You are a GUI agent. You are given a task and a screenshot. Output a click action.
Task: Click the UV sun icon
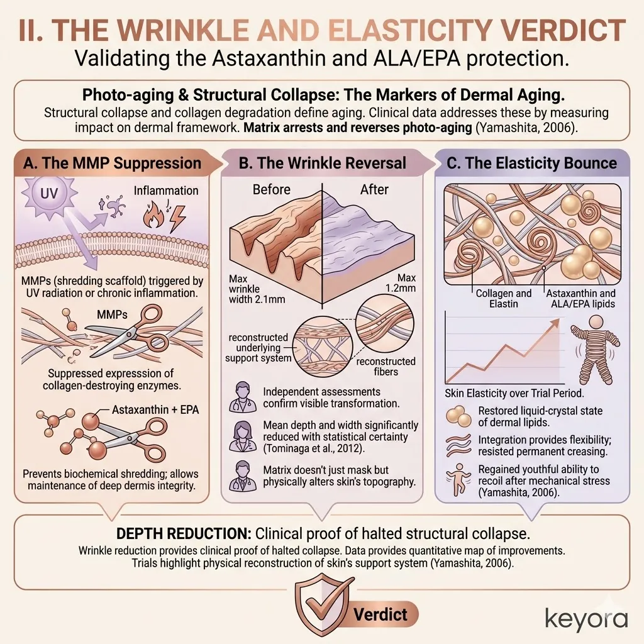pos(49,193)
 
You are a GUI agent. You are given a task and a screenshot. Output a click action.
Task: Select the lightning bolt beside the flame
pos(177,218)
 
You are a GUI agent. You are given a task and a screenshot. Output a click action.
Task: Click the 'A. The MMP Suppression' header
pos(112,163)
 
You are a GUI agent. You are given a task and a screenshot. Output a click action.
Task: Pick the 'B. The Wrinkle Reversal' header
pos(323,163)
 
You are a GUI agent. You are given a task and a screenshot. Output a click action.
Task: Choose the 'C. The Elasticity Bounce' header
pos(531,163)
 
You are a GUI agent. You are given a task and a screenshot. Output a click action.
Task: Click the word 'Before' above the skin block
pos(272,189)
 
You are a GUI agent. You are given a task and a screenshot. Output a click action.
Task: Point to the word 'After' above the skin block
pos(374,189)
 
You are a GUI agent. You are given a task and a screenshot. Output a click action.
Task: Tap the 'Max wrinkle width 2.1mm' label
pos(257,289)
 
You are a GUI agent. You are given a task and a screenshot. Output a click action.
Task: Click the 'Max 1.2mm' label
pos(401,283)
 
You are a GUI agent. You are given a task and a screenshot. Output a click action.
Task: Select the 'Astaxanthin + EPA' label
pos(155,410)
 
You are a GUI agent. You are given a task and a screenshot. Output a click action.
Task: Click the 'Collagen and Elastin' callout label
pos(504,299)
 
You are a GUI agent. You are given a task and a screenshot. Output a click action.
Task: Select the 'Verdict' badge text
pos(380,614)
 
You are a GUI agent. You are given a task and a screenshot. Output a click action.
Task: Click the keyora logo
pos(586,618)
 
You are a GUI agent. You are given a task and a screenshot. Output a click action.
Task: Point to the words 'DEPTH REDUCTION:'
pos(184,533)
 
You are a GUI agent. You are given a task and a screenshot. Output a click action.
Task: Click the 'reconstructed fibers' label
pos(386,367)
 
